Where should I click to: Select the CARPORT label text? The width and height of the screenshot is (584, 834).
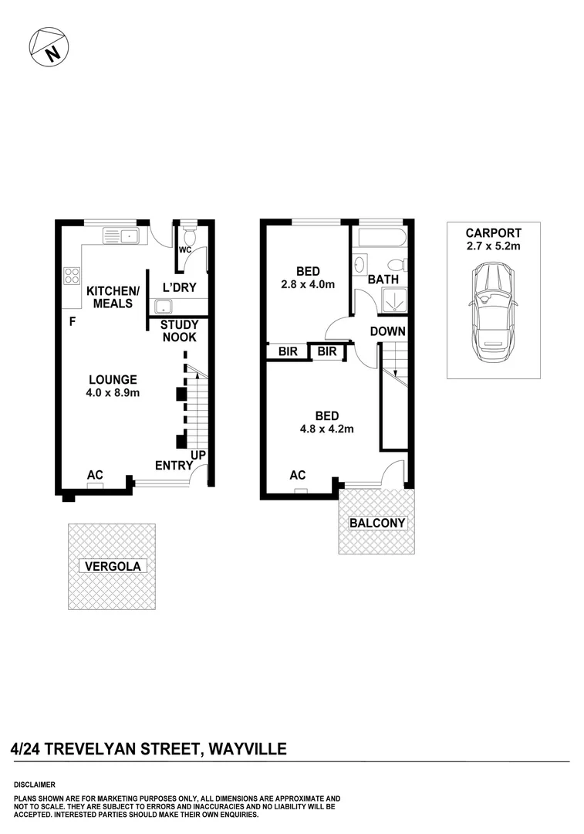493,233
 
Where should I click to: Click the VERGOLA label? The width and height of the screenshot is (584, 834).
114,566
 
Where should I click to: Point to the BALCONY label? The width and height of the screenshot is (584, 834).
377,523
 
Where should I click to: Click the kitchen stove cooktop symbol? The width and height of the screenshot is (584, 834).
72,276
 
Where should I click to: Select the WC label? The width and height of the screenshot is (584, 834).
184,250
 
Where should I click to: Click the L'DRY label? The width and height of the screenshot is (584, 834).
179,288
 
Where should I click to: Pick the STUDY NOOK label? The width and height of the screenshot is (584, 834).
179,331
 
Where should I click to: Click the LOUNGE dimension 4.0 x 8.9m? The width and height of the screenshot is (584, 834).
113,393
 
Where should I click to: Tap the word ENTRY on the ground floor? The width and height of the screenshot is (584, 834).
174,465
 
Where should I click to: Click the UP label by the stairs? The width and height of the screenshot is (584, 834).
198,456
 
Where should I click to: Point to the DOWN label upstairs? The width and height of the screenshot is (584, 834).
387,331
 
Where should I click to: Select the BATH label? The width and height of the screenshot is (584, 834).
383,280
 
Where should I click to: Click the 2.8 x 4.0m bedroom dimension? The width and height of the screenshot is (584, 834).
309,284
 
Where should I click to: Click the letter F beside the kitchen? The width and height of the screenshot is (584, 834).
72,321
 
